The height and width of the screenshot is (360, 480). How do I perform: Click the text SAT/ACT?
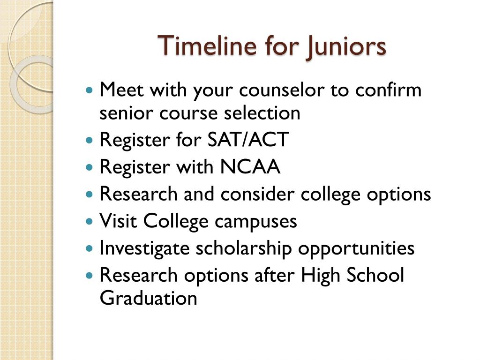pos(248,139)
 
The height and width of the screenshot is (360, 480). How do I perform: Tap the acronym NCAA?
pos(250,166)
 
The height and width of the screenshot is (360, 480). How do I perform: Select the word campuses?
pos(255,221)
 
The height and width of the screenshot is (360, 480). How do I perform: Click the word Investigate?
pos(144,248)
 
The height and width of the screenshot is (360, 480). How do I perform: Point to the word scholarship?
pos(244,248)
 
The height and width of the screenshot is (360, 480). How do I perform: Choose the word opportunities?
pos(356,248)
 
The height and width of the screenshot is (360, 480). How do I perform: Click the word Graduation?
pos(148,298)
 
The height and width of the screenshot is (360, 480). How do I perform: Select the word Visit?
pos(118,220)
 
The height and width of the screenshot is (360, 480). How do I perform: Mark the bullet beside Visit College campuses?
pos(89,221)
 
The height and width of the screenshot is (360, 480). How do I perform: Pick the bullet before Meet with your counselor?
pos(89,90)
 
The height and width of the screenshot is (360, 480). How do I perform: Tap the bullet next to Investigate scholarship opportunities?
pos(89,248)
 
